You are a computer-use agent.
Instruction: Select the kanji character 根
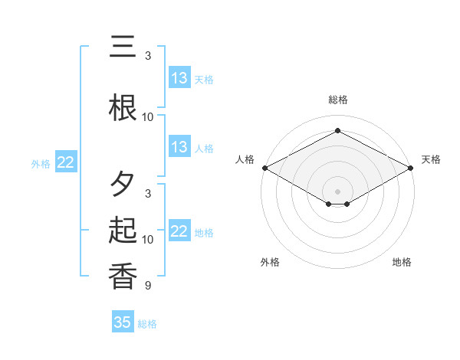123,107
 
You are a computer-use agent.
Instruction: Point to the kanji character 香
123,277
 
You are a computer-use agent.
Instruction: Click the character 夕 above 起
123,184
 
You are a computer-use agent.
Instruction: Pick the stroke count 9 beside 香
147,286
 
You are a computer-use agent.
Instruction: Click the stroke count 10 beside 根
147,117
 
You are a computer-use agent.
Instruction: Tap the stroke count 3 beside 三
147,56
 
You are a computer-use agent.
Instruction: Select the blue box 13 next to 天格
179,78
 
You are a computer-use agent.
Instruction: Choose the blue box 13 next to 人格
179,147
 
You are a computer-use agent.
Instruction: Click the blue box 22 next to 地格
179,231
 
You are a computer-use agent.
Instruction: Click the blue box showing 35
123,322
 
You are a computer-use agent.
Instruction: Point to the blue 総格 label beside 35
148,324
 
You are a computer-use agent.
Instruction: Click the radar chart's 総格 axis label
338,100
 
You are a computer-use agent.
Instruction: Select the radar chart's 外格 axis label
270,262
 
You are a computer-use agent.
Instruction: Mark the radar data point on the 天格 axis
412,168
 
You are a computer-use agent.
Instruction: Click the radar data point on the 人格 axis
264,168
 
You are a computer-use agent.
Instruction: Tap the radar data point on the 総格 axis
338,130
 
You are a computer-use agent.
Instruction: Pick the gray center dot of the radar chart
338,191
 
